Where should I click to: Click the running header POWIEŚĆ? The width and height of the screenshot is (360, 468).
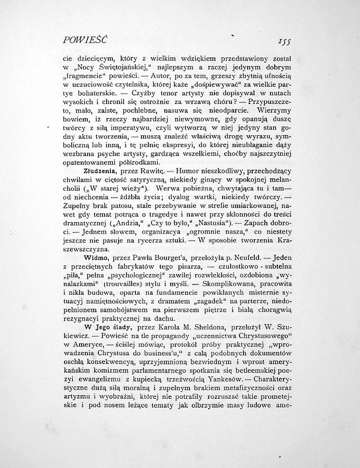pos(84,39)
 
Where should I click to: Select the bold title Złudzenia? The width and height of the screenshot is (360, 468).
pos(100,170)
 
